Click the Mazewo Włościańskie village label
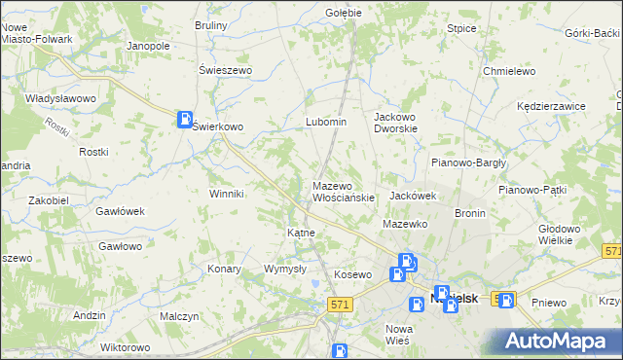coord(343,192)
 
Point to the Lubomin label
coord(326,122)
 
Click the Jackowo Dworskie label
coord(395,122)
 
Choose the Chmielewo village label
coord(510,71)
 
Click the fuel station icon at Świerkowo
coord(184,120)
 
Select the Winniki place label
coord(226,194)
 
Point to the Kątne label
coord(300,234)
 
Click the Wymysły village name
coord(285,269)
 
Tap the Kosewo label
coord(352,274)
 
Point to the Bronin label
coord(469,212)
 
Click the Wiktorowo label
coord(125,347)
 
